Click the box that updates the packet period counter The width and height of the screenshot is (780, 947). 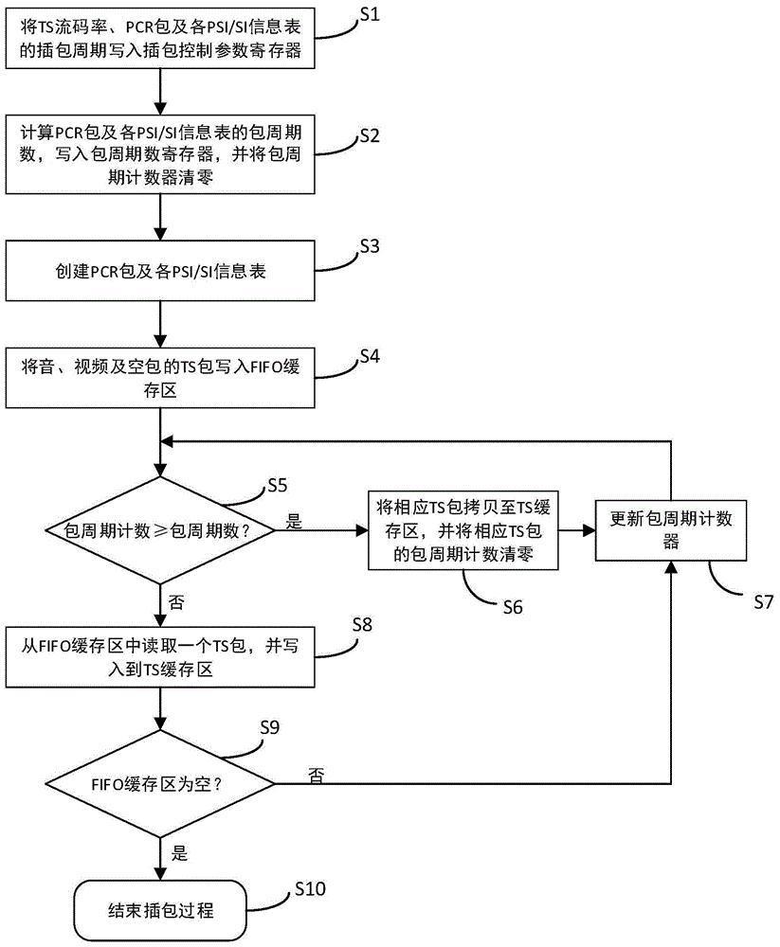click(672, 529)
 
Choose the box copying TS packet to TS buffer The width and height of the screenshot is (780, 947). click(462, 529)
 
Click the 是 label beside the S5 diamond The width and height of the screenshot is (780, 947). click(293, 520)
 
